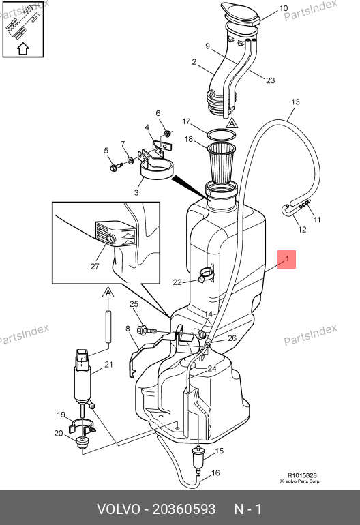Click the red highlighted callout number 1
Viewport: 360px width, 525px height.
pyautogui.click(x=286, y=259)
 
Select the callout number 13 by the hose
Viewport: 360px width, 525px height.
pyautogui.click(x=295, y=102)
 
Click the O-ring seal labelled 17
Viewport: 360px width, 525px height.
pyautogui.click(x=221, y=135)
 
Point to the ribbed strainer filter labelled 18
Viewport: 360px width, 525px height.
pyautogui.click(x=221, y=162)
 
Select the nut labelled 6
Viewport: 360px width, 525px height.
pyautogui.click(x=168, y=134)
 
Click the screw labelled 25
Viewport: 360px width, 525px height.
pyautogui.click(x=147, y=331)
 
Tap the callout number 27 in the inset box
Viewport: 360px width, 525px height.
pyautogui.click(x=95, y=266)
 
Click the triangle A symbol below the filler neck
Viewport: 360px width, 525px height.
pyautogui.click(x=232, y=123)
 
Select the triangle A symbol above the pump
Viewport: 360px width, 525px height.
pyautogui.click(x=108, y=292)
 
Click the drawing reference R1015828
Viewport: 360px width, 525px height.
pyautogui.click(x=302, y=475)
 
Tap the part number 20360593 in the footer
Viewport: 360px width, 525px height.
pyautogui.click(x=184, y=509)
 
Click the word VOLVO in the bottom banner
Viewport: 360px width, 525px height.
pyautogui.click(x=119, y=509)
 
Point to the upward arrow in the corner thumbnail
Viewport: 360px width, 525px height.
pyautogui.click(x=23, y=48)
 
